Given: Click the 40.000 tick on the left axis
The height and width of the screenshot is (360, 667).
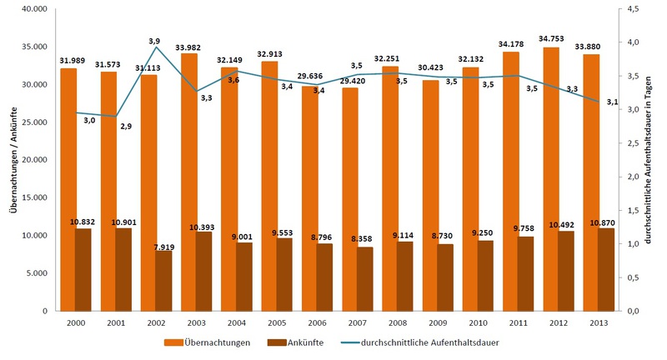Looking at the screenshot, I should (34, 9).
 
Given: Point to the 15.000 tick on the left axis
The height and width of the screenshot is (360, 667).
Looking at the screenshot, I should (34, 197).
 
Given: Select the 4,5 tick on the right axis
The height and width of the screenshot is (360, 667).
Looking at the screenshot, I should (634, 9).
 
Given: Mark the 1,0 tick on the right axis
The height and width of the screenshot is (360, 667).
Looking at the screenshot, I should (634, 243).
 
